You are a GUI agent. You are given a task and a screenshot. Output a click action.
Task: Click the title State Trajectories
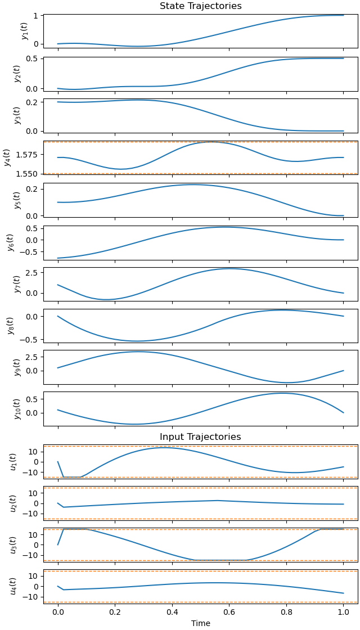click(200, 6)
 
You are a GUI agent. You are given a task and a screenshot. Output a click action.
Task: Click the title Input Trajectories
click(200, 437)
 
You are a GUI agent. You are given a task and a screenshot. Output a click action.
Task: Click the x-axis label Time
click(200, 623)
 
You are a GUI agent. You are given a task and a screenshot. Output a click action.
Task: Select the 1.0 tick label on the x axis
click(343, 613)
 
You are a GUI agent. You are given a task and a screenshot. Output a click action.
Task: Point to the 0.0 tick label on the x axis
click(58, 613)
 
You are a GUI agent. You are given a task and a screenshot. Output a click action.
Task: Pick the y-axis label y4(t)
click(7, 157)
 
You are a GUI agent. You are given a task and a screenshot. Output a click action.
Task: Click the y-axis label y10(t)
click(17, 408)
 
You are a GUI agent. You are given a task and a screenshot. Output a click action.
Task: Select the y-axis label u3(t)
click(13, 545)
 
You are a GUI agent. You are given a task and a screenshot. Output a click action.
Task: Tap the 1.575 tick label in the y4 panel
click(28, 154)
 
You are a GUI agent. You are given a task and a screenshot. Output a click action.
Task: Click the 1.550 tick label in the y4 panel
click(28, 174)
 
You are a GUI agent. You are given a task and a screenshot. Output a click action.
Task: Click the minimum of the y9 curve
click(287, 382)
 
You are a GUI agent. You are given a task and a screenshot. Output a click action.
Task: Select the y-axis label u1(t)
click(13, 462)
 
